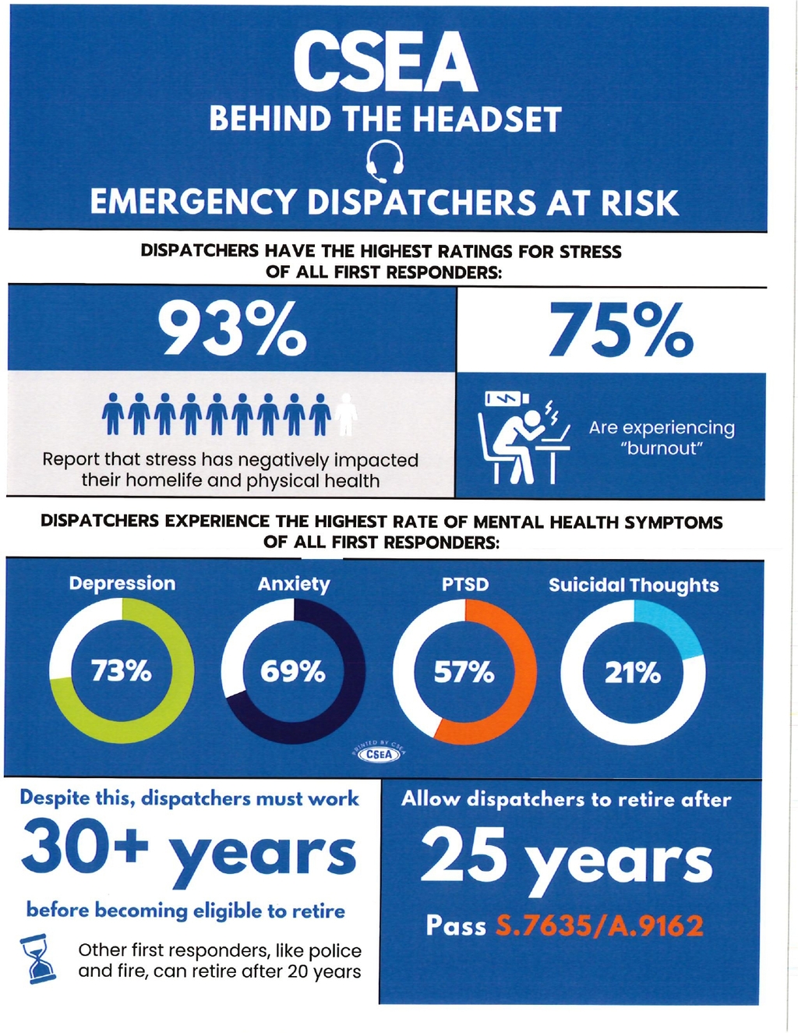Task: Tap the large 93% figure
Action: (x=231, y=328)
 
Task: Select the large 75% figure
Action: (x=620, y=330)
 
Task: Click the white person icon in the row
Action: (x=347, y=414)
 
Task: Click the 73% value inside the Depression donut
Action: (x=121, y=670)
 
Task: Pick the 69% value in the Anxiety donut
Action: (x=292, y=671)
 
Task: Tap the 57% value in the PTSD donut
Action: (x=464, y=671)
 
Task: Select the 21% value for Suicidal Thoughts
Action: (x=632, y=672)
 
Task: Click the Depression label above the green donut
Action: (x=122, y=583)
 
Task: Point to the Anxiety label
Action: (x=294, y=584)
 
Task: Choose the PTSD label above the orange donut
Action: (x=465, y=585)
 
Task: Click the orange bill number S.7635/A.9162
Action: (x=599, y=926)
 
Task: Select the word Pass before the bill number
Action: (x=456, y=926)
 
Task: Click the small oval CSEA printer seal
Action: (x=380, y=754)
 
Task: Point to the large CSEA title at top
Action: (x=386, y=63)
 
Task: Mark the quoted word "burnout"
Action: (x=662, y=448)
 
